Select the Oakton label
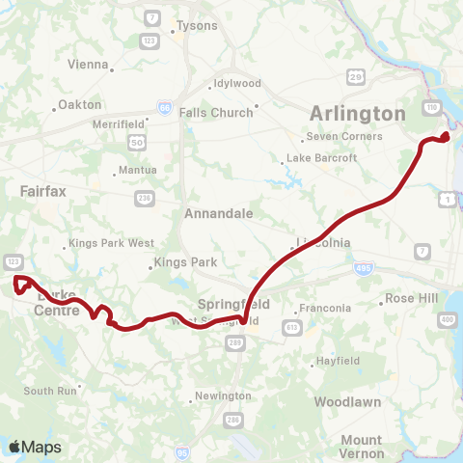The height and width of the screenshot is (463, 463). [79, 104]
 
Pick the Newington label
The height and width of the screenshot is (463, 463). [223, 396]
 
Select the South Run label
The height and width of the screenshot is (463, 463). [49, 391]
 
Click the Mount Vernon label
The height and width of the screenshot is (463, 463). [361, 446]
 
